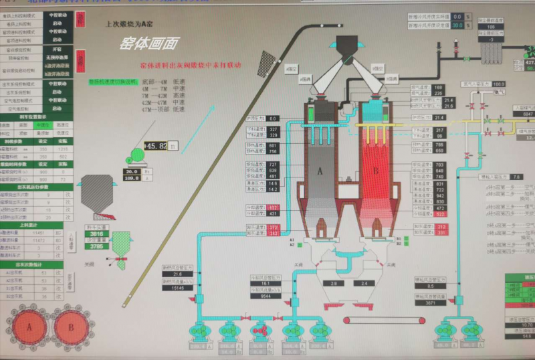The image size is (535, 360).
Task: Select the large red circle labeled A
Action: point(29,328)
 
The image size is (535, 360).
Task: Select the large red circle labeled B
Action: point(70,328)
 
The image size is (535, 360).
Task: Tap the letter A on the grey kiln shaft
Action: point(320,171)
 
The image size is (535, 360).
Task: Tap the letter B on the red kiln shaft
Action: point(375,171)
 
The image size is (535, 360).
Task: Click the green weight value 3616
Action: point(97,235)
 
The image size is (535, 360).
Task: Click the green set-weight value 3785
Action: point(97,246)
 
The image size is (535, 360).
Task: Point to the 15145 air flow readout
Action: point(177,288)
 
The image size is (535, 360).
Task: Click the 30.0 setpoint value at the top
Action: point(457,25)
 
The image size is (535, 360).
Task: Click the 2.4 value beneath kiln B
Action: point(365,284)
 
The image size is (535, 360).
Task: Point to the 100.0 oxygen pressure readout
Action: point(499,84)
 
